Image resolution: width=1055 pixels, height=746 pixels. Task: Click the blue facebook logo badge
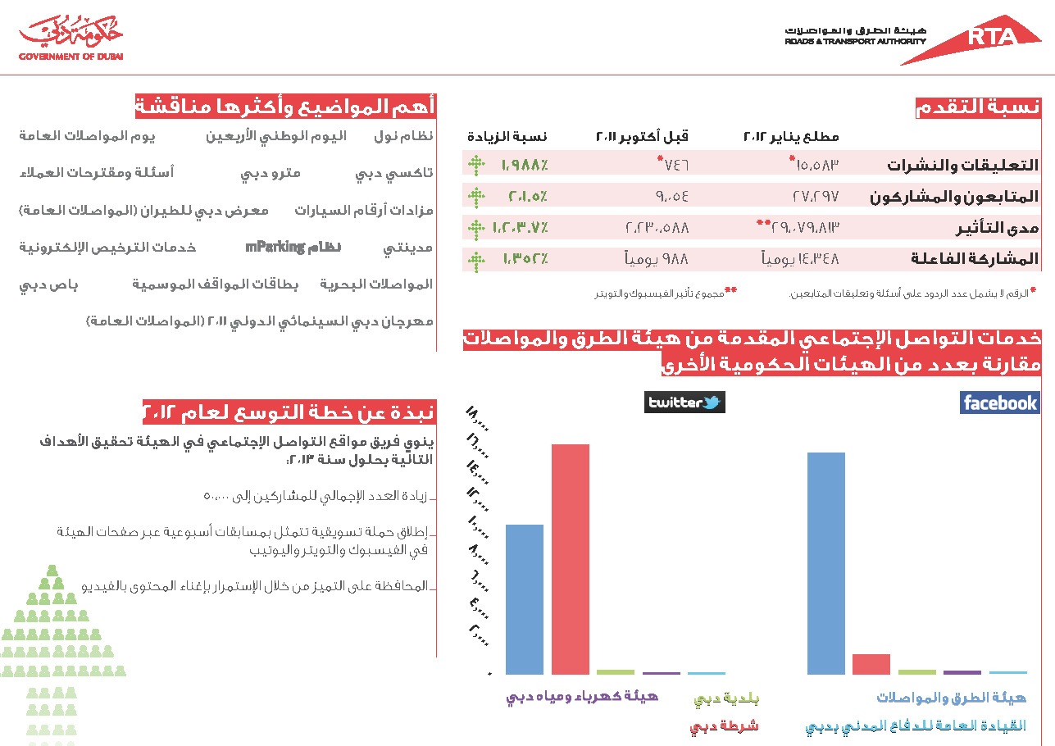[999, 403]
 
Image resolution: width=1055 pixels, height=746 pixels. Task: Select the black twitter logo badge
[684, 403]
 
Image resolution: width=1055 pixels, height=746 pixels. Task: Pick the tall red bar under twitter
[571, 559]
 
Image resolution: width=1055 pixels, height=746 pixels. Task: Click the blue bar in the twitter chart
[525, 599]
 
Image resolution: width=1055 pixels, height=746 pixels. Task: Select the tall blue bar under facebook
[826, 563]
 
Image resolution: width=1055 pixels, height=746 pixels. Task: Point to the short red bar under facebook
[871, 664]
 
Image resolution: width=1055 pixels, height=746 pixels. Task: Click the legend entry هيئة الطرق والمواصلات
[951, 698]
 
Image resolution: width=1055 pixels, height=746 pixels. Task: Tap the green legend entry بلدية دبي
[726, 699]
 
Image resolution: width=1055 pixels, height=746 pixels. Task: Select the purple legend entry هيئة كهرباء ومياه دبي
[582, 698]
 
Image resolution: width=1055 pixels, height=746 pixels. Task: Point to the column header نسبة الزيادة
[507, 136]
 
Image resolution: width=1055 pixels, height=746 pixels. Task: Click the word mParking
[275, 247]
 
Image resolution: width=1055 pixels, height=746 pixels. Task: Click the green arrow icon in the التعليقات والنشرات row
[476, 165]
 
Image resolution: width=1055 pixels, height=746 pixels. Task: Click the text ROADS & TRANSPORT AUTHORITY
[855, 41]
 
